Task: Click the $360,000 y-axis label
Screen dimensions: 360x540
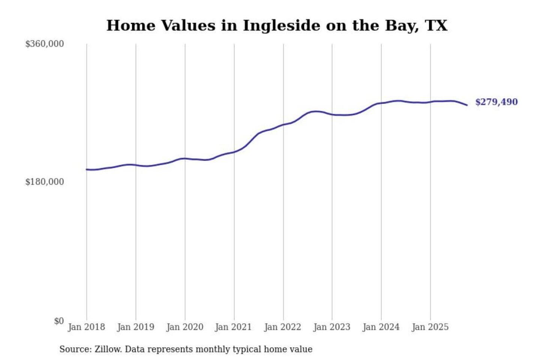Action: point(44,44)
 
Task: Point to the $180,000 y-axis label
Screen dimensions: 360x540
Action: point(44,182)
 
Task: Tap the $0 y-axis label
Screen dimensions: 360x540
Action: point(58,321)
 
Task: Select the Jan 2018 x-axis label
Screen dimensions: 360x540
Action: point(86,327)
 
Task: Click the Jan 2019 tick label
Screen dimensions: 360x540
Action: point(135,327)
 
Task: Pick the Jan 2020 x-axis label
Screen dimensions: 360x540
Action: point(184,327)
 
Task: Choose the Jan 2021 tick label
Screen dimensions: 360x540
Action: point(233,327)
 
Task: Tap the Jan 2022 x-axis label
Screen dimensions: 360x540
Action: point(282,327)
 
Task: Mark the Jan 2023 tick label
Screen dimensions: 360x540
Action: point(331,327)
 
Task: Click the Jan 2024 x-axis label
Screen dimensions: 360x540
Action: point(381,327)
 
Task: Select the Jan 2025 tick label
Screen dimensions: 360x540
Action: point(430,327)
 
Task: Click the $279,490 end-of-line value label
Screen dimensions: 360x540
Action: point(496,102)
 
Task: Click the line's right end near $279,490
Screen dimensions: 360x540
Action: point(467,105)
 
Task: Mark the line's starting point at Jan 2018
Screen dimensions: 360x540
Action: point(87,169)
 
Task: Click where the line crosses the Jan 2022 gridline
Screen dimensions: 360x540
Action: point(283,124)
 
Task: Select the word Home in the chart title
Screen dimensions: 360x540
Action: point(130,25)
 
